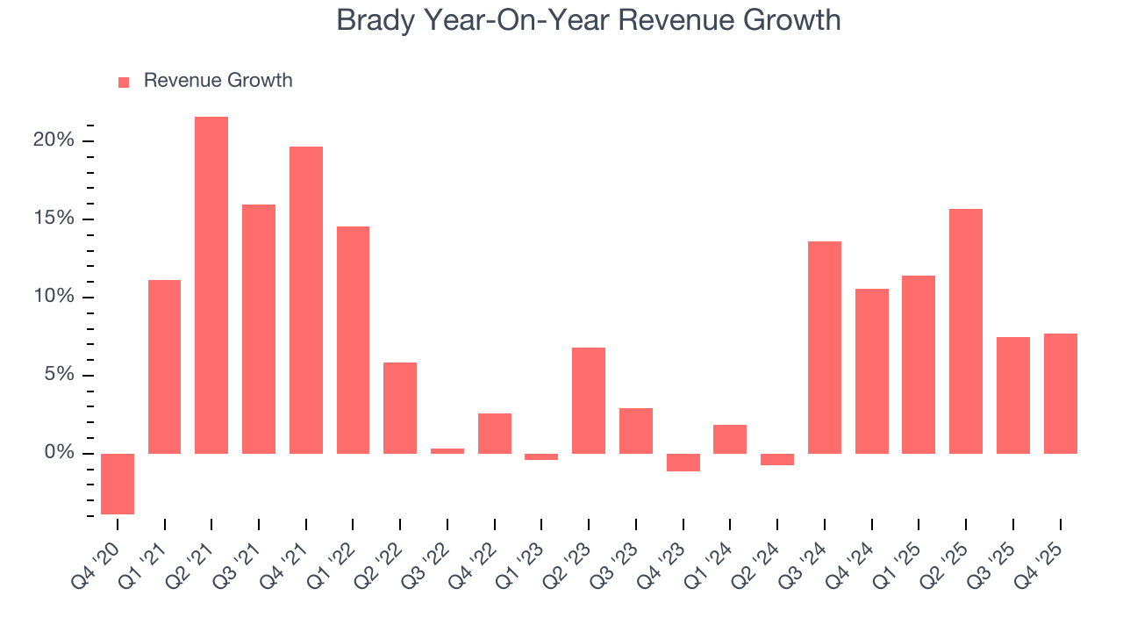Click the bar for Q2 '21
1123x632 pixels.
point(211,285)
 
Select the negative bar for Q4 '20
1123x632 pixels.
point(118,484)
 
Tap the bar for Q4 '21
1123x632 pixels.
point(306,300)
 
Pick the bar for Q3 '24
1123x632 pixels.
point(825,348)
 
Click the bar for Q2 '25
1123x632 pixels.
point(966,331)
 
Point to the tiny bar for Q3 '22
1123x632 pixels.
point(447,451)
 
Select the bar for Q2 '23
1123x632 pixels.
point(589,400)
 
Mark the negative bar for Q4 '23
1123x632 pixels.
point(683,463)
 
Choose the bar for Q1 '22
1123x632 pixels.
point(353,340)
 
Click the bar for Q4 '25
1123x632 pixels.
point(1060,393)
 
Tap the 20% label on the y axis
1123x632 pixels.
point(54,140)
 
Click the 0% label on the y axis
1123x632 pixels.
point(60,453)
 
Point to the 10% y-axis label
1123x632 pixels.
point(54,297)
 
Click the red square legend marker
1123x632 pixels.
point(124,82)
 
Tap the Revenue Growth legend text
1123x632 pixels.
point(218,81)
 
